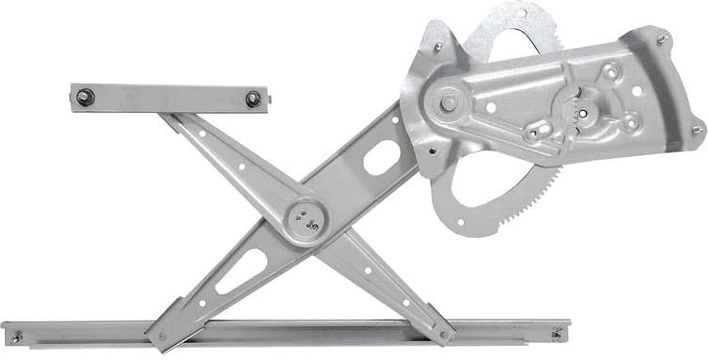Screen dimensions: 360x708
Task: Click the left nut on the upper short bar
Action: (86, 97)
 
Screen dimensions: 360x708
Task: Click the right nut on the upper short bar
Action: (253, 99)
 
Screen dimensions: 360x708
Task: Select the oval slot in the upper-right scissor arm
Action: (382, 157)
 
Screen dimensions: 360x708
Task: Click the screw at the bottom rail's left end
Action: (16, 336)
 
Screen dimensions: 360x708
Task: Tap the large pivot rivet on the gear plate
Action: (448, 101)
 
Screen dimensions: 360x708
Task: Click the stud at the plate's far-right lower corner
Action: (697, 130)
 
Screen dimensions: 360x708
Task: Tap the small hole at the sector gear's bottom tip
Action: (460, 223)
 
